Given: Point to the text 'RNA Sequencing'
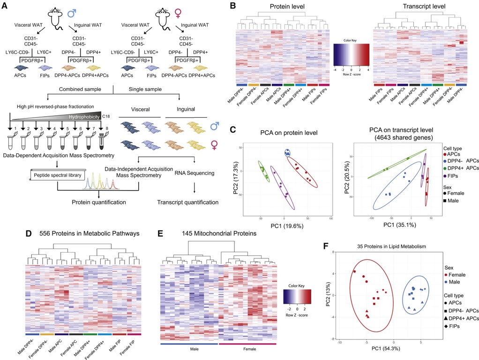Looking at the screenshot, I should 194,173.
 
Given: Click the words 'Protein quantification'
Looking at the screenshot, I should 98,202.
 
